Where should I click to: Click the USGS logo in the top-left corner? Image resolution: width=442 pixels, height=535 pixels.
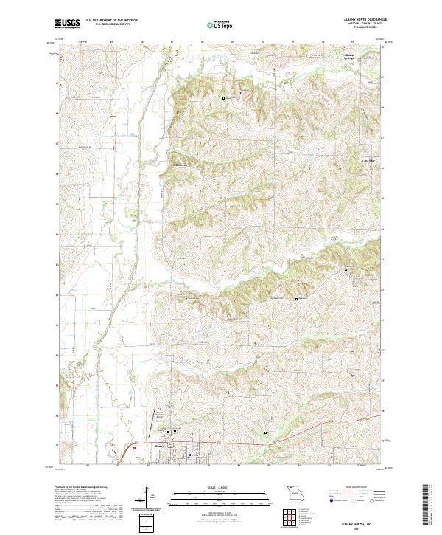[x=66, y=24]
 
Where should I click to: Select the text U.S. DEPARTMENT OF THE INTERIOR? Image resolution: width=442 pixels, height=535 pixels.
[x=109, y=19]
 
